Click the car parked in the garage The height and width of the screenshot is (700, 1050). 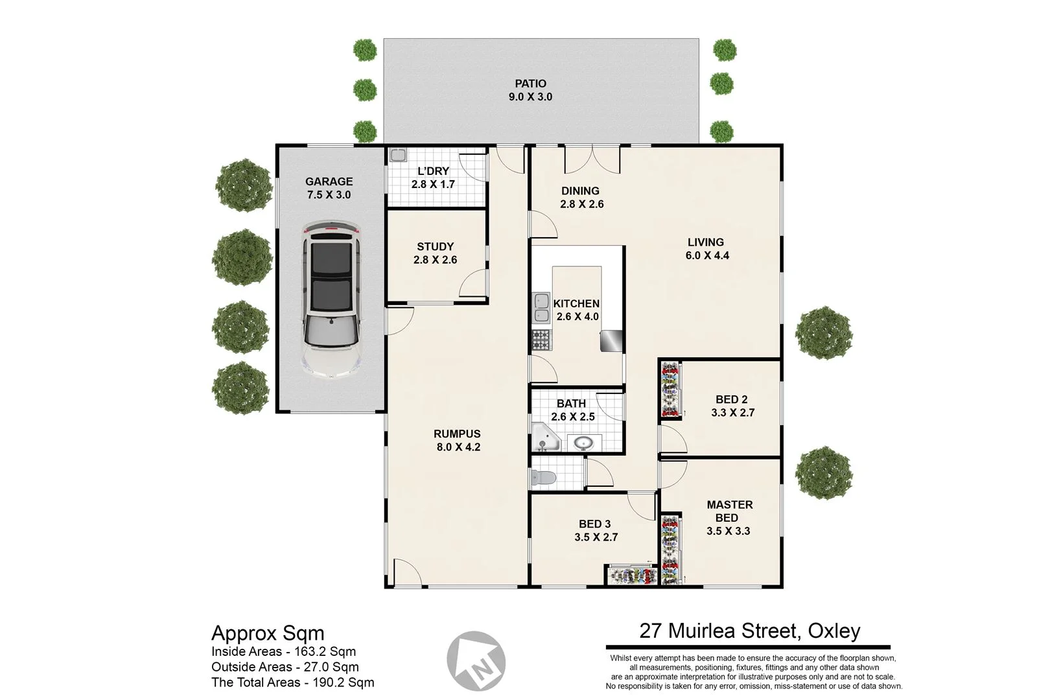point(331,299)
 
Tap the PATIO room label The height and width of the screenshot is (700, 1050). point(530,84)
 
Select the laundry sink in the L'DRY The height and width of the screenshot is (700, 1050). point(397,156)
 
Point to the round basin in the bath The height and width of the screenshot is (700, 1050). point(583,444)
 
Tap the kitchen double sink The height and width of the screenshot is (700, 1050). point(541,308)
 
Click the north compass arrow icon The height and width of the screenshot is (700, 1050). point(477,661)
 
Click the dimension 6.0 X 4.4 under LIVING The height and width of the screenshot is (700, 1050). point(707,255)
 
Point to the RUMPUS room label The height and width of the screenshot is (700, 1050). point(457,434)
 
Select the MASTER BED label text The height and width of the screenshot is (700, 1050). point(729,511)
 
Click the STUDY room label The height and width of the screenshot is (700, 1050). point(435,246)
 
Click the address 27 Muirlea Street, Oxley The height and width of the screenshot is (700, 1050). point(750,631)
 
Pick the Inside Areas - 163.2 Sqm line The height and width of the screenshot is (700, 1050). point(283,651)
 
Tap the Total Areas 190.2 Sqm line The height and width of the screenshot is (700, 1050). point(292,682)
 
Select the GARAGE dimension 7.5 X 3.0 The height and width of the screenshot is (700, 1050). point(329,194)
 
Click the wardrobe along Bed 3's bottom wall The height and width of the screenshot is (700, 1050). point(632,576)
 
